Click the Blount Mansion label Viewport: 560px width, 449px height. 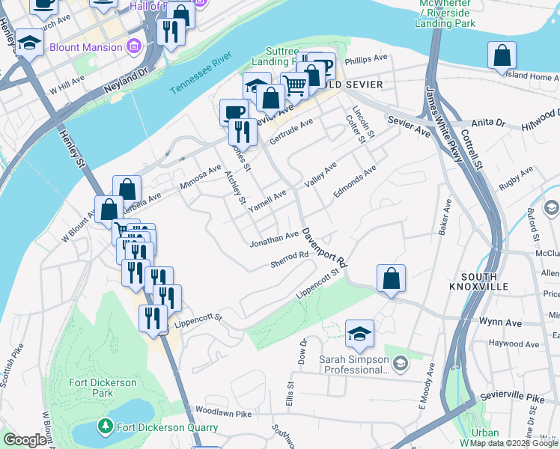(x=85, y=47)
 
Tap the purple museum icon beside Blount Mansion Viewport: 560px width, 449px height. (x=134, y=47)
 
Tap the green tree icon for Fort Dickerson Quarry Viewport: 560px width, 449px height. (x=106, y=427)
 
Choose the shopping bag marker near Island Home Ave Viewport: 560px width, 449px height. (x=502, y=56)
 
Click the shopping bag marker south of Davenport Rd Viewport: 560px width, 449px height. (x=391, y=279)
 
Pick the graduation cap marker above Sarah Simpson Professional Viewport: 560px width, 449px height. (x=359, y=334)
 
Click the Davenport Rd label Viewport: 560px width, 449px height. (x=326, y=248)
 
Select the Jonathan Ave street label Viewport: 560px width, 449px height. (x=274, y=238)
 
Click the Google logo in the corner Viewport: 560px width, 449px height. (x=25, y=440)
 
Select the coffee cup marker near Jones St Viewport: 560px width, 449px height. (x=234, y=112)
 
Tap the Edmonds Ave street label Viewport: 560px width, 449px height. (x=353, y=182)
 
